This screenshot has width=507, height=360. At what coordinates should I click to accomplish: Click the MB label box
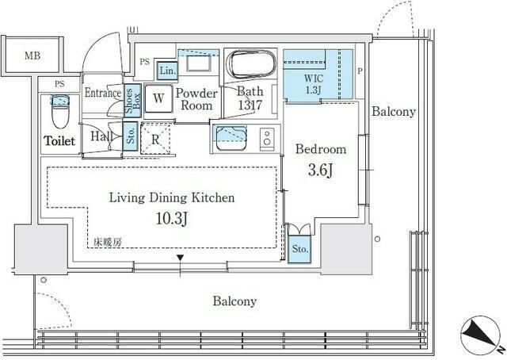32,56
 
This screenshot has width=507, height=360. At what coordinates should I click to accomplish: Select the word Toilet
60,141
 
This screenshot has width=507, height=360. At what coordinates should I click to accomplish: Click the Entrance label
103,93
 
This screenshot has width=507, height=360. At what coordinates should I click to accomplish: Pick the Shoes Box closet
132,101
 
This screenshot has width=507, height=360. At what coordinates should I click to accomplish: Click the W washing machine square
158,98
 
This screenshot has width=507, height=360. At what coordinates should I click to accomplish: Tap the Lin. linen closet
166,70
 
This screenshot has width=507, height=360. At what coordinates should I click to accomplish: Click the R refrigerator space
156,136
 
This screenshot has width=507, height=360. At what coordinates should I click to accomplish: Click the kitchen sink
230,136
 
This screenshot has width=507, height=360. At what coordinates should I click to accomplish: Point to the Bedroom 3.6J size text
320,168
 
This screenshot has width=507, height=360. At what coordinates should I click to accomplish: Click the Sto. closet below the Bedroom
300,249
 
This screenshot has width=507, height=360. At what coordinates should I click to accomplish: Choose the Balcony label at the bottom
234,301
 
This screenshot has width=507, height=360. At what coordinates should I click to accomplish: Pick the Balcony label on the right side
394,112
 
